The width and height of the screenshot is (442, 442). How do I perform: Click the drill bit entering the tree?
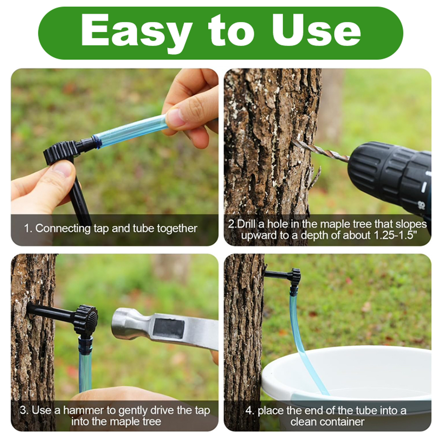pos(320,151)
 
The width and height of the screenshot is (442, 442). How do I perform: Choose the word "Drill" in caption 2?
pos(246,224)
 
